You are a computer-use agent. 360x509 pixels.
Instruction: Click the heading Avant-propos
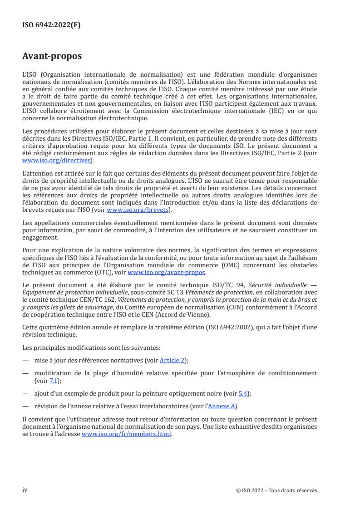pos(52,57)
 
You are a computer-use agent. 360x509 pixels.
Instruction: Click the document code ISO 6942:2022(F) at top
pos(52,25)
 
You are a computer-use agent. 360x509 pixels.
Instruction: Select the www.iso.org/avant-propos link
pos(167,273)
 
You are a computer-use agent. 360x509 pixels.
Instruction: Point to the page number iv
pos(25,490)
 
